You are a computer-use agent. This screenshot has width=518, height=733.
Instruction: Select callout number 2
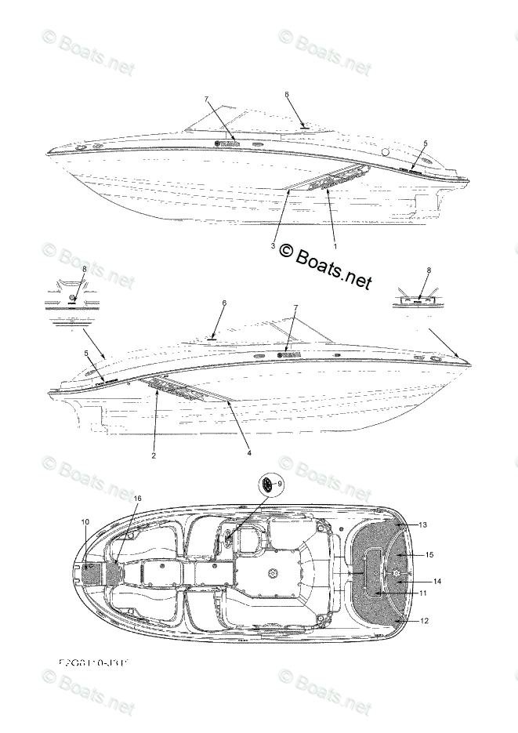[x=154, y=455]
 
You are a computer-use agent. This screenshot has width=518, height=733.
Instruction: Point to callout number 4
[x=249, y=452]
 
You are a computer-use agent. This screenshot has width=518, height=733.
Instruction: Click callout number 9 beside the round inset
[x=280, y=483]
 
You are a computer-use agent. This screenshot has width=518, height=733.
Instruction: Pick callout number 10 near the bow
[x=85, y=521]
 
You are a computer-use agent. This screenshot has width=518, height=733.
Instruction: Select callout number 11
[x=422, y=593]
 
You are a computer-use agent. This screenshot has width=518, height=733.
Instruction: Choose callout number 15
[x=429, y=554]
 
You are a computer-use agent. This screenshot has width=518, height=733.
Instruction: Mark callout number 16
[x=137, y=499]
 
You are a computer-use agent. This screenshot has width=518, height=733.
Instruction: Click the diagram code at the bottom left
[x=92, y=664]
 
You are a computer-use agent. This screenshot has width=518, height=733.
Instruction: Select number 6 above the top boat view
[x=287, y=94]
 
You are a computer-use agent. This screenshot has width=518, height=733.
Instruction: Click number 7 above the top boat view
[x=206, y=99]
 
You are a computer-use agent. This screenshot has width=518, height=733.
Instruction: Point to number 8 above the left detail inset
[x=84, y=269]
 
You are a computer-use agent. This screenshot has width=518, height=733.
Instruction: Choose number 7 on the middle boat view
[x=295, y=308]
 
